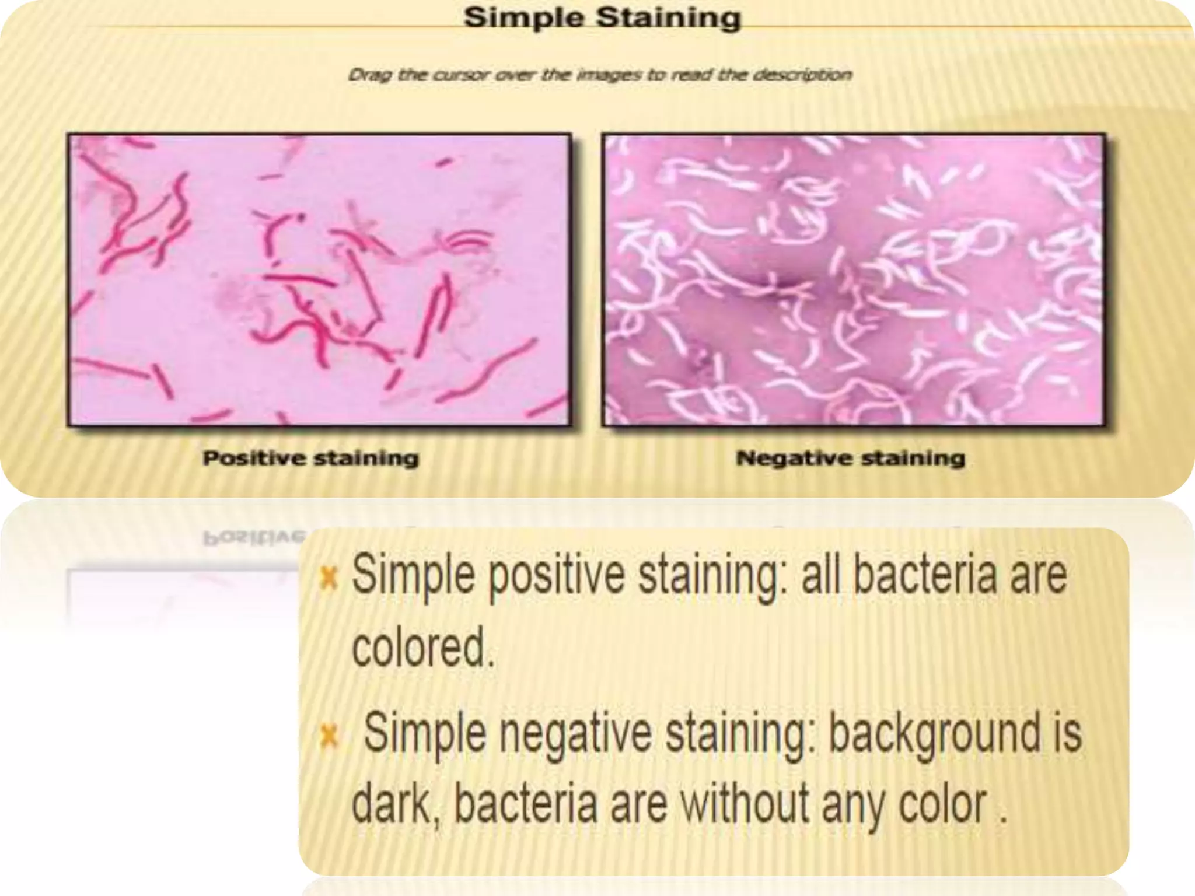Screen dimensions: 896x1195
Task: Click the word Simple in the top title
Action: (523, 18)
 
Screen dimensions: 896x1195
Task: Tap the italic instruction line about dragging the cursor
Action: (600, 75)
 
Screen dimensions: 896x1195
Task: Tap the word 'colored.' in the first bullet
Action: (422, 647)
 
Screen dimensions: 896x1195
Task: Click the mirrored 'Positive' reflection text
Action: (254, 537)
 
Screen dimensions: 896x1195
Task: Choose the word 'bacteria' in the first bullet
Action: (925, 575)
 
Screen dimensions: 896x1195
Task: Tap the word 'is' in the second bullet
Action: (1067, 734)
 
